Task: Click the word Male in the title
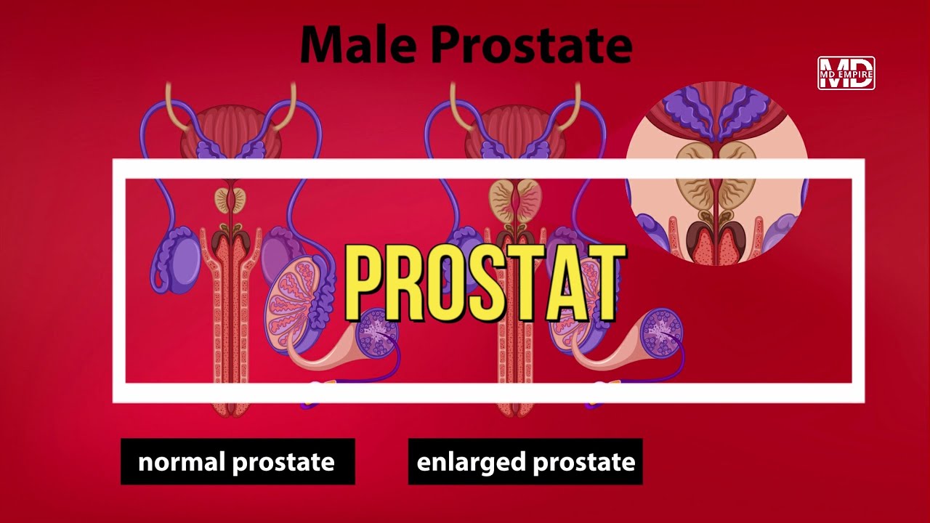[x=358, y=45]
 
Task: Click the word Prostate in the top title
[x=531, y=45]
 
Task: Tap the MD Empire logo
[x=846, y=73]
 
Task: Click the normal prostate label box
[x=238, y=461]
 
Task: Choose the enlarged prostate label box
[x=525, y=461]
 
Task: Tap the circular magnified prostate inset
[x=717, y=174]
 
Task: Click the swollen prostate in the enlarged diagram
[x=515, y=198]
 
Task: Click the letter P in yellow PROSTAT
[x=367, y=283]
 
